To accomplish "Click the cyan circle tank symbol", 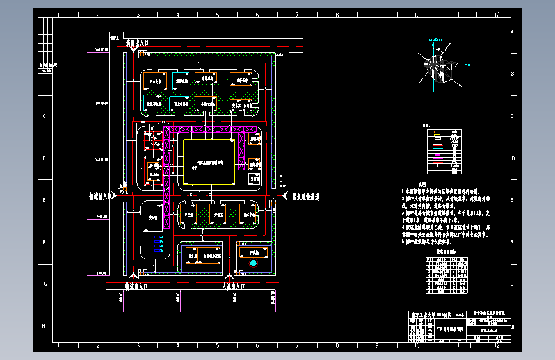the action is [253, 263].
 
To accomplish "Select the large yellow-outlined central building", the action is [207, 163].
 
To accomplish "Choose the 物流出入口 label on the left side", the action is [101, 197].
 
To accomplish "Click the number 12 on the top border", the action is [496, 13].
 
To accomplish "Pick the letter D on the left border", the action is [44, 158].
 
